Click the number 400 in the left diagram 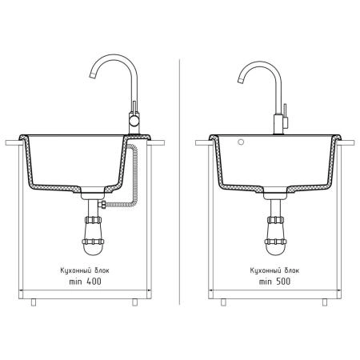click(94, 282)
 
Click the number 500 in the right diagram click(282, 282)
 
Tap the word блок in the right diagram click(292, 270)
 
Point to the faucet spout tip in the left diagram click(93, 75)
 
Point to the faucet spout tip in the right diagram click(240, 81)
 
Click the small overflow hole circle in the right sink click(241, 142)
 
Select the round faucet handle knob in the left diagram click(134, 122)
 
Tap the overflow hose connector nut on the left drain click(102, 205)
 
